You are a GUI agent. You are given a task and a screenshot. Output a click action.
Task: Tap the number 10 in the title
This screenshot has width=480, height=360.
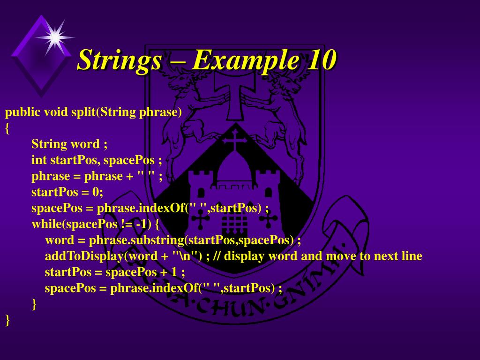tap(321, 60)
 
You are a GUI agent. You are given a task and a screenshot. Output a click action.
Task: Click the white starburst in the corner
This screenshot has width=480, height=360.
tap(55, 37)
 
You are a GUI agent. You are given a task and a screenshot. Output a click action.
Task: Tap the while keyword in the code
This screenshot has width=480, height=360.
tap(48, 224)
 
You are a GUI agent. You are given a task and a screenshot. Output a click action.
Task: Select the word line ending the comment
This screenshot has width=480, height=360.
tap(412, 256)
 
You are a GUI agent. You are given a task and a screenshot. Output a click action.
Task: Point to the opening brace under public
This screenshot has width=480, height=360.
tap(7, 128)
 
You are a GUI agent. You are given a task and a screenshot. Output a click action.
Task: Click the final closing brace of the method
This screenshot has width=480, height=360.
tap(7, 320)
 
